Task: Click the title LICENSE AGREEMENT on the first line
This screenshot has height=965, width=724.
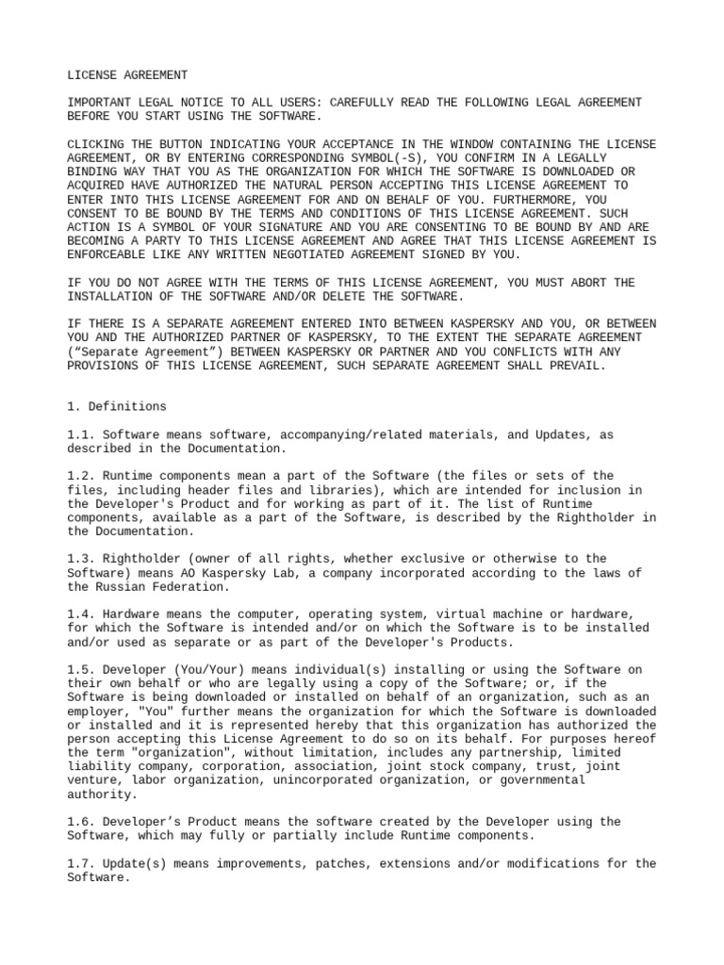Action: coord(127,74)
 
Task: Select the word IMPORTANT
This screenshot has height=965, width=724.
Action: coord(101,102)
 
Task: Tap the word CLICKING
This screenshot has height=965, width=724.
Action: coord(97,143)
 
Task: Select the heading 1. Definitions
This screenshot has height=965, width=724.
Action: coord(117,406)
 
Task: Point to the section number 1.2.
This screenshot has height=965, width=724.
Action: coord(80,476)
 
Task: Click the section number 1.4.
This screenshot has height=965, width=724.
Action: coord(80,614)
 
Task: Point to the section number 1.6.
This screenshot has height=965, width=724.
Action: coord(80,822)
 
